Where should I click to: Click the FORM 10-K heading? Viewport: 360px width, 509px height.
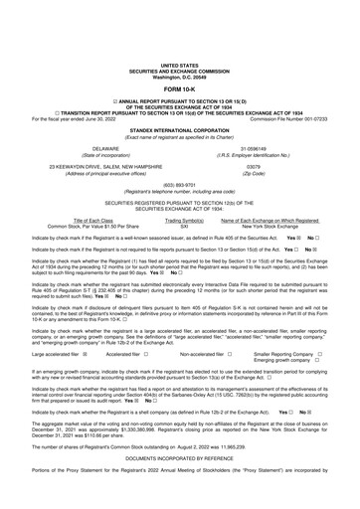tap(179, 61)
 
